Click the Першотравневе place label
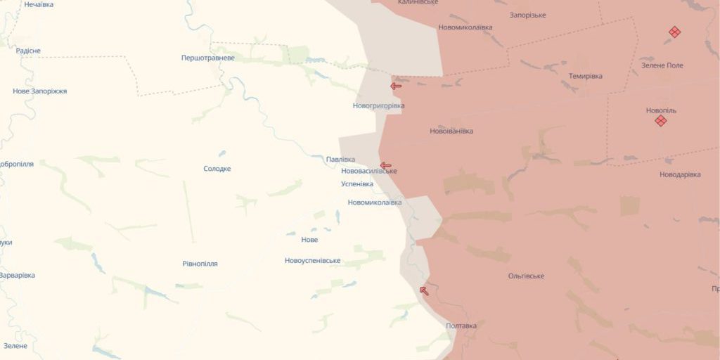point(207,58)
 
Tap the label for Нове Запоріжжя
point(40,91)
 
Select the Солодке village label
point(217,169)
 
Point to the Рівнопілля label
point(200,264)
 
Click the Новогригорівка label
point(378,106)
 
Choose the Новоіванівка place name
point(451,131)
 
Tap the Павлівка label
point(340,160)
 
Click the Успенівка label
point(356,184)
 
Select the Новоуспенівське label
point(312,261)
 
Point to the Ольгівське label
point(525,276)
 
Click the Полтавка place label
point(461,326)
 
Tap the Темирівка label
point(585,76)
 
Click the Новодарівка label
point(680,174)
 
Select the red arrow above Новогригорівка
point(396,86)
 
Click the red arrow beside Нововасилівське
point(385,166)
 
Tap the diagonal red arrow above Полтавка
point(423,290)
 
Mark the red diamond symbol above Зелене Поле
point(674,32)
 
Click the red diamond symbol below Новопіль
point(660,121)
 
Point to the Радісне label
point(28,51)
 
